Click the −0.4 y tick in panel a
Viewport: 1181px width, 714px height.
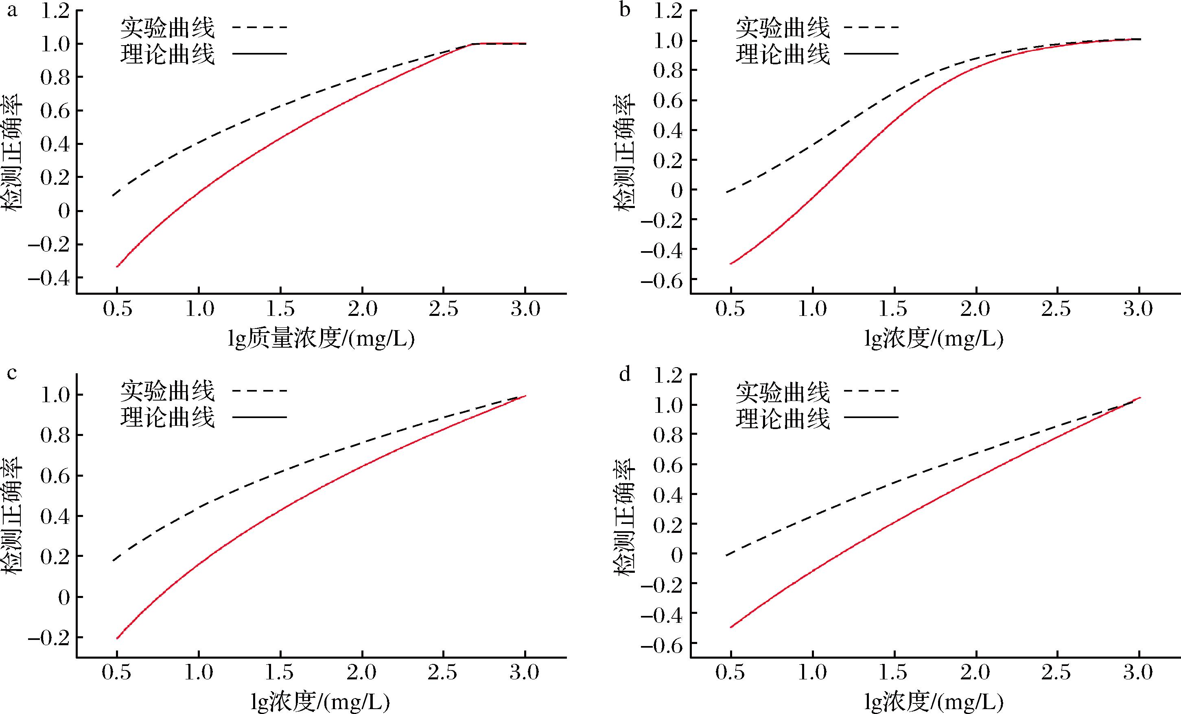49,278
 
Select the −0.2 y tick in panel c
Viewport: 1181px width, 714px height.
49,638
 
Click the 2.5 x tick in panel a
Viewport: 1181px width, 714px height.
443,309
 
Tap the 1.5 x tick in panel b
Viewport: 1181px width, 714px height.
893,309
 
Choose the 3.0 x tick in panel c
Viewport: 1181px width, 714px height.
525,672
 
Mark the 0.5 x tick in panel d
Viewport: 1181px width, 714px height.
730,672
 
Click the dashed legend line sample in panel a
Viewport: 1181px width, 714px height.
259,27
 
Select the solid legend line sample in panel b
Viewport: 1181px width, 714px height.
871,53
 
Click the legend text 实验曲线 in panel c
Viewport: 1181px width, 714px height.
167,391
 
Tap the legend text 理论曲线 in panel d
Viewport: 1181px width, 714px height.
782,418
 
